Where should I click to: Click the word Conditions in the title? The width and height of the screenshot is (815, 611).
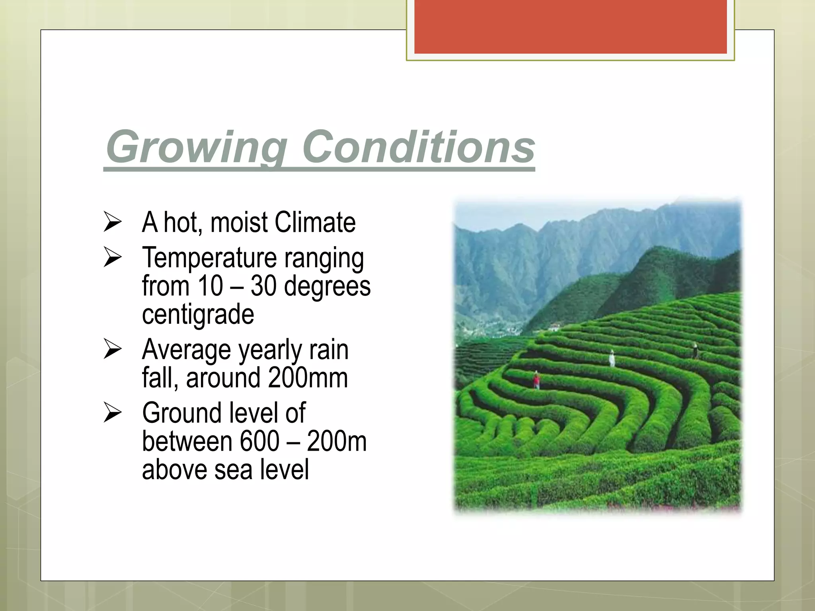[418, 147]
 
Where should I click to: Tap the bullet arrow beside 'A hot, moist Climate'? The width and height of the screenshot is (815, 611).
[112, 222]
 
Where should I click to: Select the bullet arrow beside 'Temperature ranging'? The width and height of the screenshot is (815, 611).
[112, 257]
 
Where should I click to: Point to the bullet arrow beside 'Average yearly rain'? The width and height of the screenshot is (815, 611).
[112, 349]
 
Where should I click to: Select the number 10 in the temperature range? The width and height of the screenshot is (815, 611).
[210, 286]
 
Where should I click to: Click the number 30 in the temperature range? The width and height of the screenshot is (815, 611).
[263, 286]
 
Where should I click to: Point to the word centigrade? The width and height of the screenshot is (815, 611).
[198, 314]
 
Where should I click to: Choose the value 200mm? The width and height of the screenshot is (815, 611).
[308, 378]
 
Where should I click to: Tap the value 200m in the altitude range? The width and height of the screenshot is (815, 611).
[337, 442]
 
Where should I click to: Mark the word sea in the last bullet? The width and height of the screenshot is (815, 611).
[233, 469]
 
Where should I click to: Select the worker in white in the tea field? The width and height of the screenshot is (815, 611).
[612, 358]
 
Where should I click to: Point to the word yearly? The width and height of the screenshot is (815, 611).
[270, 350]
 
